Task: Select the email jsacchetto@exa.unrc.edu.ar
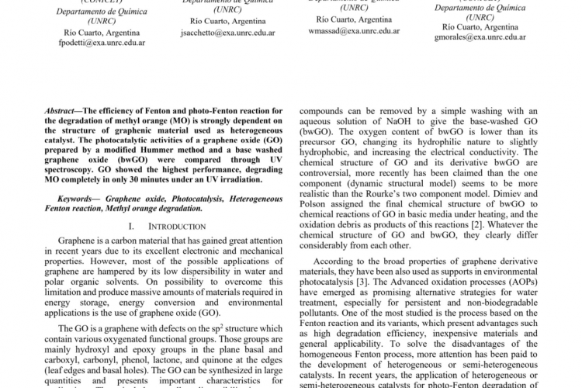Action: pos(228,33)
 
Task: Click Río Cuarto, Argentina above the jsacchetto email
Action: pos(228,22)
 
